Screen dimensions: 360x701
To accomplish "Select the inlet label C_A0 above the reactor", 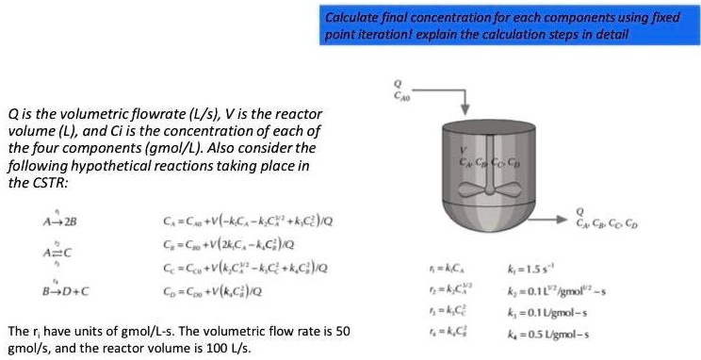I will point(401,95).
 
